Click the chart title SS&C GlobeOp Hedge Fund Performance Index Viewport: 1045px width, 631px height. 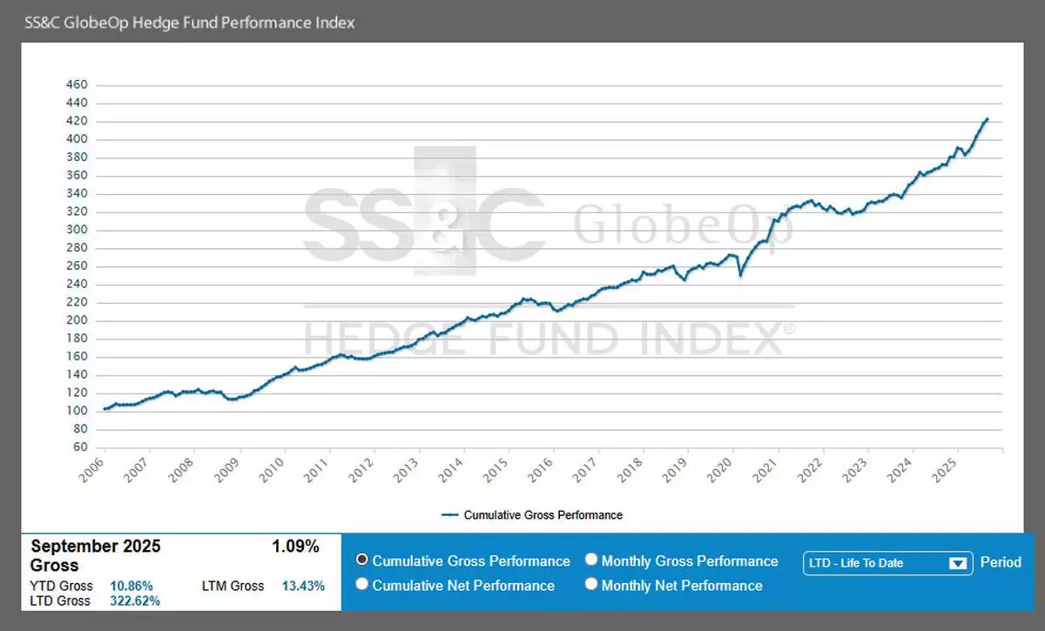coord(190,23)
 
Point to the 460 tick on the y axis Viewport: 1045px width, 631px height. coord(78,85)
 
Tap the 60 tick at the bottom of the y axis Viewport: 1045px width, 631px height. coord(80,447)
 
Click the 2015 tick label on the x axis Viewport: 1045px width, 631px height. coord(494,470)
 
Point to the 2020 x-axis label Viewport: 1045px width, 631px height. coord(718,470)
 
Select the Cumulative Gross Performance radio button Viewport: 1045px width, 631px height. coord(362,561)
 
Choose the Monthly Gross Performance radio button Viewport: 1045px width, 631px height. coord(592,561)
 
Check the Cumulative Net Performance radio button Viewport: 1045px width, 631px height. coord(362,585)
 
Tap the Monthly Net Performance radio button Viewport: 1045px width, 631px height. coord(592,585)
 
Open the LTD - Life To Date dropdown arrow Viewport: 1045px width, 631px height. coord(958,563)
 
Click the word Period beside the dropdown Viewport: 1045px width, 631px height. coord(1001,562)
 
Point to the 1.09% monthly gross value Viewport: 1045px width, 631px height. coord(295,547)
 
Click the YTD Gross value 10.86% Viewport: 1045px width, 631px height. coord(131,586)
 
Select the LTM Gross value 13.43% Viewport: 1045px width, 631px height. coord(303,586)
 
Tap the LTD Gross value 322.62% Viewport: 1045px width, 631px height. coord(135,601)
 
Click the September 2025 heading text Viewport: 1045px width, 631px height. coord(96,547)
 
